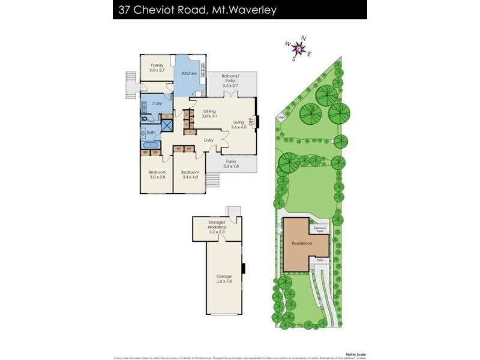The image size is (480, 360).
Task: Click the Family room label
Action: pos(157,67)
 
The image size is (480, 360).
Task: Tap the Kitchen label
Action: pos(190,73)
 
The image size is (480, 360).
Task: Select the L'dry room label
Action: pos(157,104)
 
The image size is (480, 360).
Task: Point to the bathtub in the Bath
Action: pos(151,145)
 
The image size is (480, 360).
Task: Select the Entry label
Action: pos(208,140)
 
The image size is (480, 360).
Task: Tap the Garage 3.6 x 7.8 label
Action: pos(224,278)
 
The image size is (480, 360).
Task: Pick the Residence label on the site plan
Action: pos(300,244)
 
